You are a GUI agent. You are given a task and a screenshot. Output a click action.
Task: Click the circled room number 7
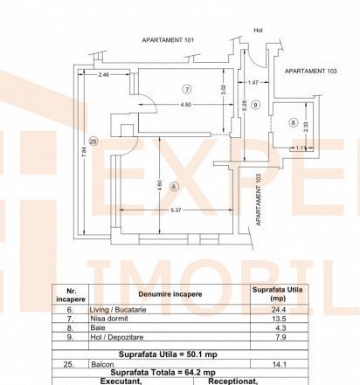pyautogui.click(x=187, y=89)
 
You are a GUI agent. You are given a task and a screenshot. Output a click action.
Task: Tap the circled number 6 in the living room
pyautogui.click(x=174, y=187)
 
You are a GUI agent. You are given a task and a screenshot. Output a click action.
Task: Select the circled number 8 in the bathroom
pyautogui.click(x=293, y=123)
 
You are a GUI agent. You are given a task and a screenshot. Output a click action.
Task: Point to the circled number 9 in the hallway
pyautogui.click(x=255, y=105)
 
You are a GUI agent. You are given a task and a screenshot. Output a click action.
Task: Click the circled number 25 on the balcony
pyautogui.click(x=93, y=141)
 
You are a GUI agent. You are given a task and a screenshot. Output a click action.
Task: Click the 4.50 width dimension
pyautogui.click(x=186, y=105)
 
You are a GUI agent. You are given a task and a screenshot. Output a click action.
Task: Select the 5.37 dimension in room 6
pyautogui.click(x=176, y=210)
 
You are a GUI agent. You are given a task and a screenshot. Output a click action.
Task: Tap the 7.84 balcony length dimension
pyautogui.click(x=84, y=152)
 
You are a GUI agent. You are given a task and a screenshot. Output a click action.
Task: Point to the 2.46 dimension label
pyautogui.click(x=103, y=75)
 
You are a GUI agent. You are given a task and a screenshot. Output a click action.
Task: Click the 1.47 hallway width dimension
pyautogui.click(x=253, y=82)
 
